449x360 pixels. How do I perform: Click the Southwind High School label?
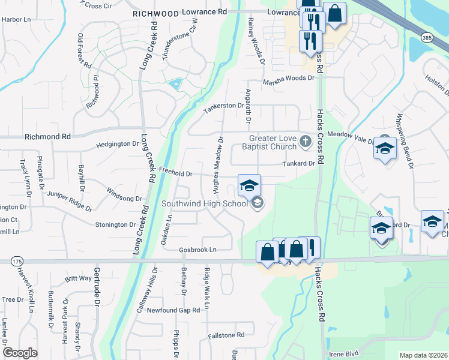204,203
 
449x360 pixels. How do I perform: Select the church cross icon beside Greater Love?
305,142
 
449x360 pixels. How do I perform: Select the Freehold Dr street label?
175,174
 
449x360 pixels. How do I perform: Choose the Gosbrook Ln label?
197,250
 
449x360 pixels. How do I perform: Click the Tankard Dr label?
299,163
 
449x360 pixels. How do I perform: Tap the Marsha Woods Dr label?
288,78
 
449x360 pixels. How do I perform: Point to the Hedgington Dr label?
118,145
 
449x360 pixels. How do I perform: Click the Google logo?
20,353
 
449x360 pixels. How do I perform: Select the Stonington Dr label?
116,224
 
